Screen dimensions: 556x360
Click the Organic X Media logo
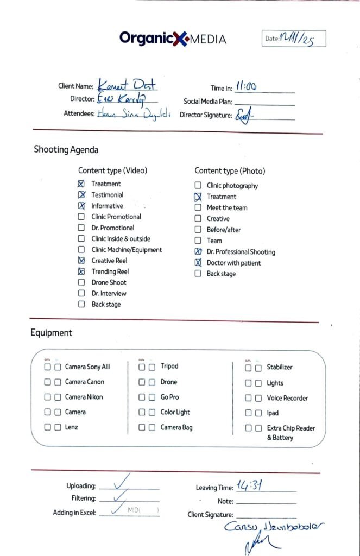click(x=173, y=39)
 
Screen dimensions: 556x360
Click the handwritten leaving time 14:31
click(x=250, y=486)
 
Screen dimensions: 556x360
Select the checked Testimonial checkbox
click(x=81, y=195)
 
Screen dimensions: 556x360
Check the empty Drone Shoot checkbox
click(x=81, y=282)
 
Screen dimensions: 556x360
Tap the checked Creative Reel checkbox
click(x=81, y=261)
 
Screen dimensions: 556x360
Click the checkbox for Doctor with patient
click(x=198, y=263)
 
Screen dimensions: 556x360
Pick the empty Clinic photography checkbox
click(x=198, y=186)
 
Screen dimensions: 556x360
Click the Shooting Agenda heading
click(x=66, y=150)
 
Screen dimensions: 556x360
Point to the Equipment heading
click(x=51, y=333)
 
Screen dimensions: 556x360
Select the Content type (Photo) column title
click(x=230, y=171)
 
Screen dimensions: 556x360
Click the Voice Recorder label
click(x=287, y=398)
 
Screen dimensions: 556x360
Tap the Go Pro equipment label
click(x=169, y=397)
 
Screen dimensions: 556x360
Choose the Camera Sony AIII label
click(x=87, y=367)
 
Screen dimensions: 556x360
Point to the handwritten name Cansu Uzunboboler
click(x=275, y=526)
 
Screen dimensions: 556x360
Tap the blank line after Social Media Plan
click(x=264, y=102)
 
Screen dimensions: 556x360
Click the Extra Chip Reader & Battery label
click(x=290, y=433)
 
